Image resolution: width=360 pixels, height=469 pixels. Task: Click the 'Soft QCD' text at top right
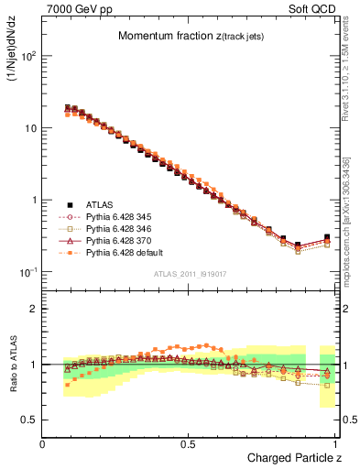(x=311, y=8)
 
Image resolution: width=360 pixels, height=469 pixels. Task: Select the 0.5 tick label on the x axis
(x=189, y=443)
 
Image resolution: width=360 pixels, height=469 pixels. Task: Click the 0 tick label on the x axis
(x=43, y=443)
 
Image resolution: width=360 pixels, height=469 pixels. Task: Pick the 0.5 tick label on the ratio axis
(x=28, y=420)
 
